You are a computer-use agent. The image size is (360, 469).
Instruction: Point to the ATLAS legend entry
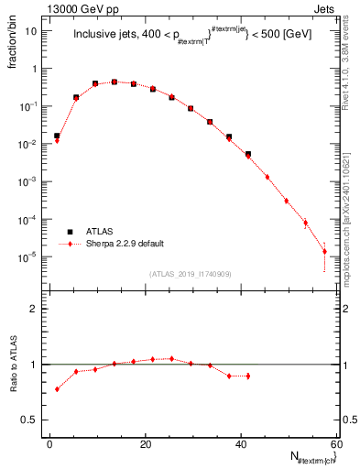pyautogui.click(x=98, y=232)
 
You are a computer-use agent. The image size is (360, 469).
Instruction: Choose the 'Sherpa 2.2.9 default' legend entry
pyautogui.click(x=125, y=245)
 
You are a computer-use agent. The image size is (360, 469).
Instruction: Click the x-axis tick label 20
pyautogui.click(x=146, y=444)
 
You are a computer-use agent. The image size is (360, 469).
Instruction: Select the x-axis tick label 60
pyautogui.click(x=337, y=444)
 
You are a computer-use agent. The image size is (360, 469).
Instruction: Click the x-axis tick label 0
pyautogui.click(x=50, y=444)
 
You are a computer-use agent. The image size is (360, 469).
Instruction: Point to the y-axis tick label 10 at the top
pyautogui.click(x=32, y=30)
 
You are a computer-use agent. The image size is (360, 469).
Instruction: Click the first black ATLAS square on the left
pyautogui.click(x=57, y=136)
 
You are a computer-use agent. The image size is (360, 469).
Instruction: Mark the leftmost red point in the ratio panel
pyautogui.click(x=57, y=389)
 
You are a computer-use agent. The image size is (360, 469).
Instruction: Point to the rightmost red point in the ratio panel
pyautogui.click(x=247, y=376)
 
